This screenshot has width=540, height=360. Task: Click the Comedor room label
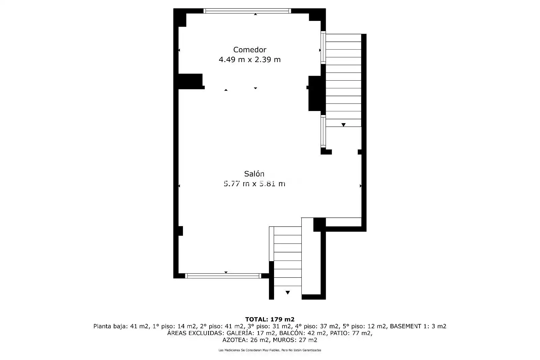click(249, 50)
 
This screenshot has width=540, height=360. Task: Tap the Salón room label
click(254, 174)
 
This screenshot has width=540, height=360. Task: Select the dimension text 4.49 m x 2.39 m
click(249, 59)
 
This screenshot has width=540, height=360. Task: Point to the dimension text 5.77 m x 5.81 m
click(254, 184)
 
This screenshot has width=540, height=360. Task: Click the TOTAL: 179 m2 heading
click(270, 319)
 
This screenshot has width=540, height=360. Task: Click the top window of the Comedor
click(247, 11)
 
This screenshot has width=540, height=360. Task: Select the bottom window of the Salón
click(223, 276)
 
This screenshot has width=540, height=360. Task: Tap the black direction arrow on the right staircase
click(344, 125)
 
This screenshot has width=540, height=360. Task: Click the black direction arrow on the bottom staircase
click(288, 293)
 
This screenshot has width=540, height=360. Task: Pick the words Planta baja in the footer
click(110, 326)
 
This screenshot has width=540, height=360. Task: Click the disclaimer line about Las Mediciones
click(270, 350)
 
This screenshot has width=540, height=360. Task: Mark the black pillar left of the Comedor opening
click(190, 81)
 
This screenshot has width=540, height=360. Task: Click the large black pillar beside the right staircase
click(315, 93)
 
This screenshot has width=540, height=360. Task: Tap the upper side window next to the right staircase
click(323, 48)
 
